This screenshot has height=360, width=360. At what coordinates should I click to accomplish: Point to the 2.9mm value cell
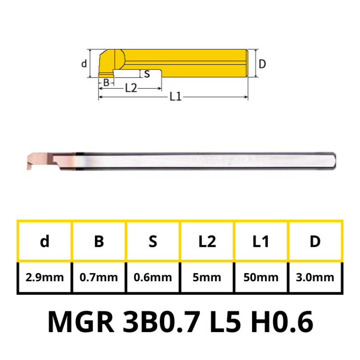[x=45, y=277]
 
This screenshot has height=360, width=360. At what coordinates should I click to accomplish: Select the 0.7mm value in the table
[x=99, y=277]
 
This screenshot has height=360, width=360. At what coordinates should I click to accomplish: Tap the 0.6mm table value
[x=153, y=277]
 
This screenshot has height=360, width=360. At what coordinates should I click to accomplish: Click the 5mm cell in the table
[x=207, y=277]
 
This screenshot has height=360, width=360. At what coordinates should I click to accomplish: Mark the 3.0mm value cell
[x=315, y=277]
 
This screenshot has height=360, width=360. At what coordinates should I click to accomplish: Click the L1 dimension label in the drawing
[x=175, y=97]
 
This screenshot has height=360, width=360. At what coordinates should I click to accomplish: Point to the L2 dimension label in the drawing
[x=131, y=88]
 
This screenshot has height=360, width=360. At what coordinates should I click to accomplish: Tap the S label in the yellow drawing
[x=147, y=74]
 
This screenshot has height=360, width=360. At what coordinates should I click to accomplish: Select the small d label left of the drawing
[x=84, y=63]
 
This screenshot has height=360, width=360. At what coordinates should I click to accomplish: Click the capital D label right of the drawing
[x=262, y=63]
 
